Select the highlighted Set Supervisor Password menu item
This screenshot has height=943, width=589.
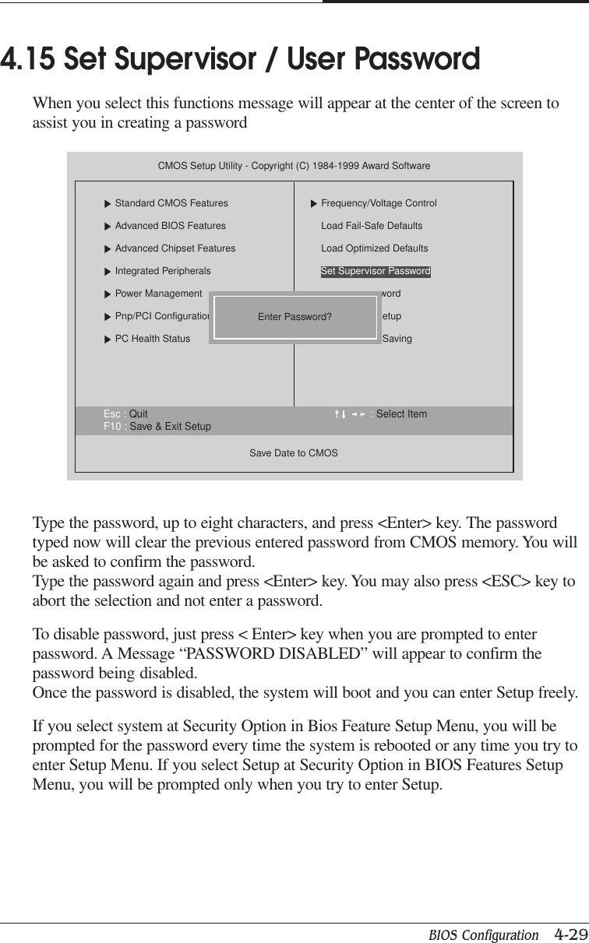376,272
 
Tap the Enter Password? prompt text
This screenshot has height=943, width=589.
294,317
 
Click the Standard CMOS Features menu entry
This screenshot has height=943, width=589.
171,203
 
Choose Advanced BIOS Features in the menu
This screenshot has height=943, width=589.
170,226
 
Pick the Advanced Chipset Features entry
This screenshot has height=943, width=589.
175,248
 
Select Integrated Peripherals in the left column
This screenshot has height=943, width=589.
162,271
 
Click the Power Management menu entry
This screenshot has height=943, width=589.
158,294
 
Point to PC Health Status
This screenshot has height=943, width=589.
152,339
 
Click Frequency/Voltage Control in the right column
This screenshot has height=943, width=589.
379,203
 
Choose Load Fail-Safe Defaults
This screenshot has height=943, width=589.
372,226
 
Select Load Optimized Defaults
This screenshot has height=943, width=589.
374,248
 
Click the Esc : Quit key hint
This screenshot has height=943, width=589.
125,414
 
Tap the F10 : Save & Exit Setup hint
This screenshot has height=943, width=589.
157,427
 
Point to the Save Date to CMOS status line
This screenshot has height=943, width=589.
294,452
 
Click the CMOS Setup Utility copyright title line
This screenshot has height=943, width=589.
294,167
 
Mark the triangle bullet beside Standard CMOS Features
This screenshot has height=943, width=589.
108,204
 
